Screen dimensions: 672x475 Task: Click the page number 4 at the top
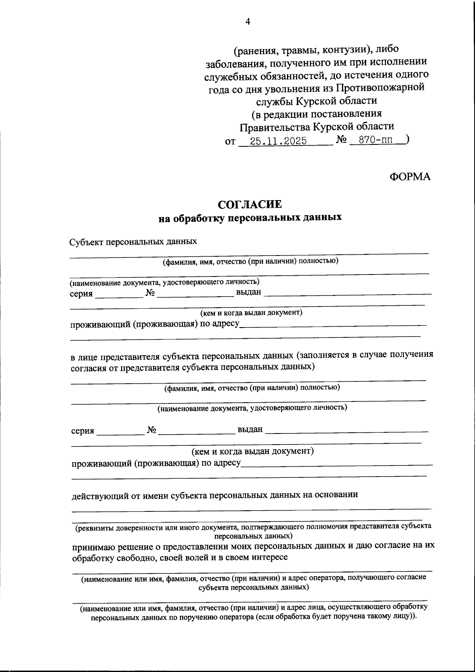pyautogui.click(x=248, y=22)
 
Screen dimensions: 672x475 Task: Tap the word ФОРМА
pyautogui.click(x=410, y=177)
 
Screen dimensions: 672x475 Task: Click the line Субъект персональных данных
pyautogui.click(x=133, y=241)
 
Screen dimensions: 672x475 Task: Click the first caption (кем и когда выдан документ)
pyautogui.click(x=251, y=312)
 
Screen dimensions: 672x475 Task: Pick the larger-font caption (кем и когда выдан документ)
pyautogui.click(x=253, y=451)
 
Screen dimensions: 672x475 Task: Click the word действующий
pyautogui.click(x=100, y=495)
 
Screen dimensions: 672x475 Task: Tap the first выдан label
pyautogui.click(x=249, y=292)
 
